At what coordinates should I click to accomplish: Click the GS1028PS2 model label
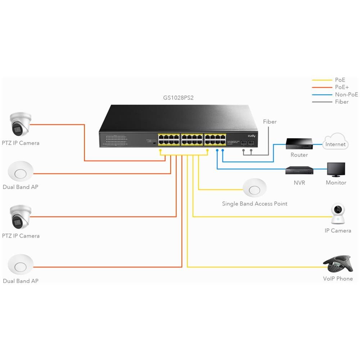(x=179, y=98)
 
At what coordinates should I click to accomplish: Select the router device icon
(x=299, y=144)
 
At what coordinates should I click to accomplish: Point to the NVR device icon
(x=299, y=170)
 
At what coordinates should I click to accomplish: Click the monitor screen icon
(x=336, y=170)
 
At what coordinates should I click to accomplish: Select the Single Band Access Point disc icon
(x=255, y=188)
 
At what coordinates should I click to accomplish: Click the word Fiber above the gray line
(x=270, y=122)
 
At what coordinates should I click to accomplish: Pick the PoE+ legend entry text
(x=342, y=87)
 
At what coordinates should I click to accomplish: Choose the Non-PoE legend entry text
(x=346, y=94)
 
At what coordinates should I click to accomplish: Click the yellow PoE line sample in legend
(x=322, y=80)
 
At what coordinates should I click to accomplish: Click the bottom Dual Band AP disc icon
(x=21, y=265)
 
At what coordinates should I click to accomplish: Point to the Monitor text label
(x=336, y=183)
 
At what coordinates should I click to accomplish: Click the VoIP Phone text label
(x=338, y=279)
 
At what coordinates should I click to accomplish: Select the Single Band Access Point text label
(x=255, y=204)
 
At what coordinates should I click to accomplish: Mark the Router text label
(x=299, y=155)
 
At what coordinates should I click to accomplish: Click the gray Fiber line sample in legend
(x=322, y=102)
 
